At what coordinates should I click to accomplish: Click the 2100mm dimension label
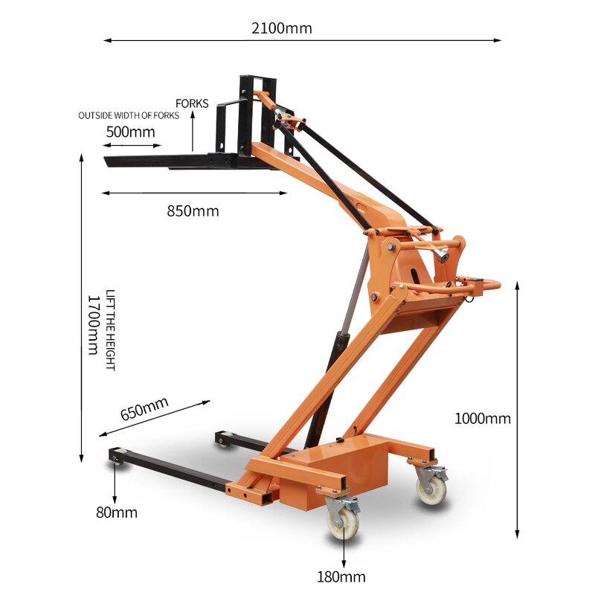coord(281,29)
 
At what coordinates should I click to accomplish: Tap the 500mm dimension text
coord(130,132)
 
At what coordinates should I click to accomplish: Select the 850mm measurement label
coord(193,210)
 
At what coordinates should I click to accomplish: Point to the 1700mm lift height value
coord(94,325)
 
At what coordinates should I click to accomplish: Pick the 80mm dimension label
coord(116,512)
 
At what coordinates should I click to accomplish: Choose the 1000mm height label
coord(483,419)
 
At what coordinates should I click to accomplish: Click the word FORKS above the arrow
coord(192,103)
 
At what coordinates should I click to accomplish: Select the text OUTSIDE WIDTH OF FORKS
coord(129,116)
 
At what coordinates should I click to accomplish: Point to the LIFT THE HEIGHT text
coord(110,330)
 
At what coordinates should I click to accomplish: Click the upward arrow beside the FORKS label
coord(193,131)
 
